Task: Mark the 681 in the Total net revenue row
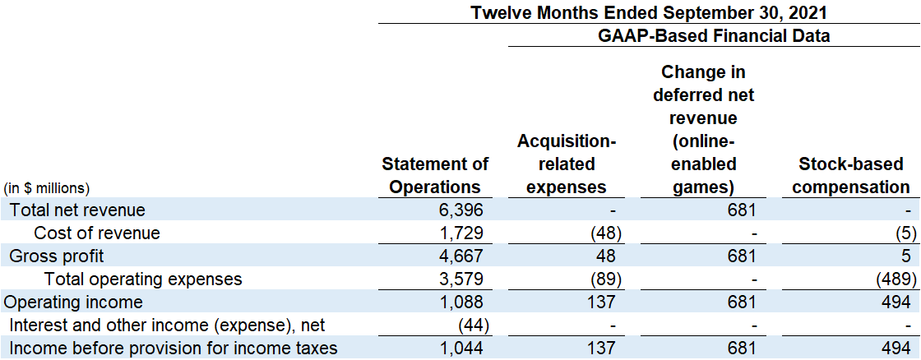(740, 210)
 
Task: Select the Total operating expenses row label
(143, 279)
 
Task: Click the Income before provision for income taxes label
(174, 348)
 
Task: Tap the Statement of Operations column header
(435, 176)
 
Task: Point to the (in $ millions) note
(47, 188)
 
